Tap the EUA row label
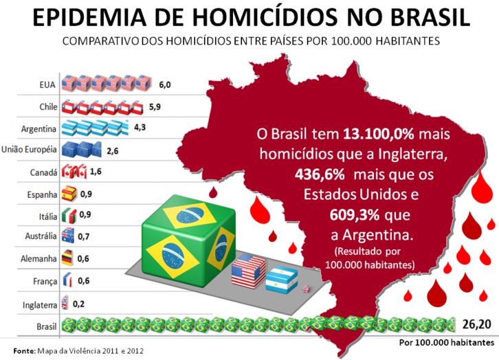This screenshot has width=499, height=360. pos(47,85)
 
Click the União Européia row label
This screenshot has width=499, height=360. pos(29,150)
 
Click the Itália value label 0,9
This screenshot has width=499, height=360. pos(86,215)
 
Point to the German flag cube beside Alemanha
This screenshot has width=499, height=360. pos(67,258)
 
